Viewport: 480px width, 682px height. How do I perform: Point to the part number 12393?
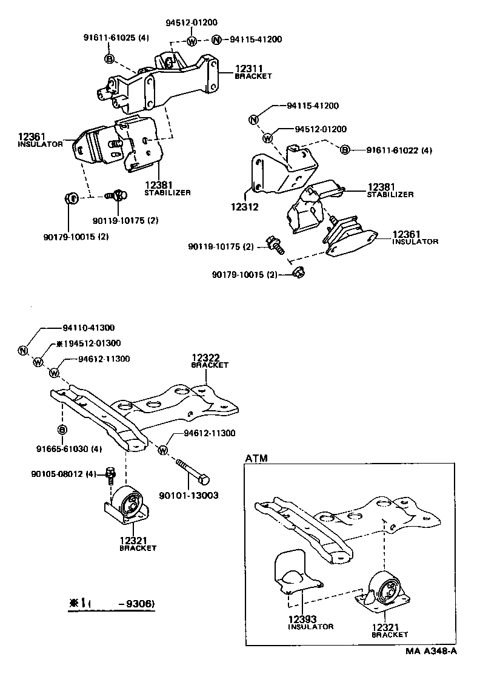tap(302, 619)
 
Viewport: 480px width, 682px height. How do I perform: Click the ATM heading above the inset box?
tap(256, 458)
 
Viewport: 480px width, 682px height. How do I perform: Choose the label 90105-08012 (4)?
tap(64, 473)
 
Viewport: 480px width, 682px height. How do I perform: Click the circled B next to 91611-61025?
tap(109, 58)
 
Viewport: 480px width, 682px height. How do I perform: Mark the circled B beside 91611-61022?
tap(344, 150)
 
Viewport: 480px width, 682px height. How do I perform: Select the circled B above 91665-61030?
tap(61, 430)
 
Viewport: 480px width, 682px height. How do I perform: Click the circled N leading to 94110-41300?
tap(22, 351)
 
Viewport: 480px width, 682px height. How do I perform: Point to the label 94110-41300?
tap(88, 327)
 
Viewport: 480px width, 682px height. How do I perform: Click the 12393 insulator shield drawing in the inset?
tap(293, 574)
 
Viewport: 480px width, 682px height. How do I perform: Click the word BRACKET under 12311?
tap(254, 76)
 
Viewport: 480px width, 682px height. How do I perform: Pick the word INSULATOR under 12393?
tap(310, 627)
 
